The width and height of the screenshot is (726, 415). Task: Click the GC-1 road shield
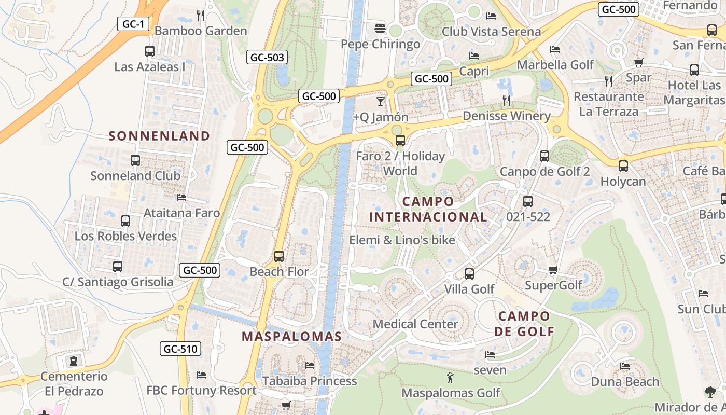(133, 23)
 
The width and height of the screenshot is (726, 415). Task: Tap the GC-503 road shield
(267, 57)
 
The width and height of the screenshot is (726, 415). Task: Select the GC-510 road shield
(181, 349)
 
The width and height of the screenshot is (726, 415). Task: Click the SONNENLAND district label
(160, 136)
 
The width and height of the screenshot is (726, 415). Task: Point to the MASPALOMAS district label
(292, 336)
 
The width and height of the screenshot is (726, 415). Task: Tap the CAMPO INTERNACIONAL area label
(428, 209)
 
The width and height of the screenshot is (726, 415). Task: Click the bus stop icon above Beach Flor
(279, 256)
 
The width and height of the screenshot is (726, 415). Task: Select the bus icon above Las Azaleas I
(150, 51)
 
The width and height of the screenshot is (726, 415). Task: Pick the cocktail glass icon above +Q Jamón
(381, 101)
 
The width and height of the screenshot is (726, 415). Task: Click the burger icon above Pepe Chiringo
(380, 28)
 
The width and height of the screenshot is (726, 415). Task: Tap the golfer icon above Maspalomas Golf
(450, 377)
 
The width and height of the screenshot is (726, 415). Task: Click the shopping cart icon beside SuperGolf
(553, 270)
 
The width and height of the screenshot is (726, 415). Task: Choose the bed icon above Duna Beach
(625, 366)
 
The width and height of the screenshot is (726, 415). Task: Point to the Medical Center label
(415, 324)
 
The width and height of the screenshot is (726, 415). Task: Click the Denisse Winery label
(506, 116)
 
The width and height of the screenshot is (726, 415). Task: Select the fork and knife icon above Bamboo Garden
(201, 15)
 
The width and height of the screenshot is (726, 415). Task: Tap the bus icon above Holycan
(623, 166)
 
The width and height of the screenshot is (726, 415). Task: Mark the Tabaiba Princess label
(310, 381)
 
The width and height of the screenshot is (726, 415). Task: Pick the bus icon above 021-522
(528, 201)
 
